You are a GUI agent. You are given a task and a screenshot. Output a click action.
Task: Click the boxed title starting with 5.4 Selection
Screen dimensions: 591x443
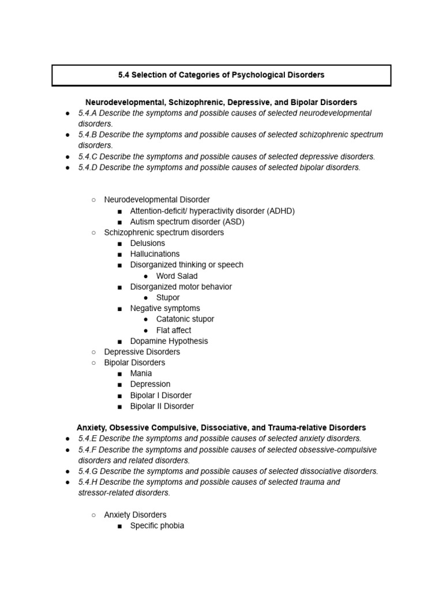221,75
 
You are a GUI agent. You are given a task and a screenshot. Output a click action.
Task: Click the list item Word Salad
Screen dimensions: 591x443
177,276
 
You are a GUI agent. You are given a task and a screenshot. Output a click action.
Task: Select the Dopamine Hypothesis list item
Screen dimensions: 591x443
169,341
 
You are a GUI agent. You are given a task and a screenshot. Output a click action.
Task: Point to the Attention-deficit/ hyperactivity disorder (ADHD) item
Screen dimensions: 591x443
212,211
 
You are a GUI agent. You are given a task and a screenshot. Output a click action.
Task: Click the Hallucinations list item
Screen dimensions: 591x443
155,254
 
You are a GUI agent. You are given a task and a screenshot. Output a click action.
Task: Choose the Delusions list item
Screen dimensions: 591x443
147,243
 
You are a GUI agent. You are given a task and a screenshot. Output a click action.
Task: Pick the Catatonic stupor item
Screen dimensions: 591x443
185,319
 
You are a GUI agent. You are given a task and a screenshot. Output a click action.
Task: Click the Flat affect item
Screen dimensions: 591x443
174,330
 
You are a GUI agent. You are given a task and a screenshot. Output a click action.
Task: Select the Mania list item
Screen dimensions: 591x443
141,373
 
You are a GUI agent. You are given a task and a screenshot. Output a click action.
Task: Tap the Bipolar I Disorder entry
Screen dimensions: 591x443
160,395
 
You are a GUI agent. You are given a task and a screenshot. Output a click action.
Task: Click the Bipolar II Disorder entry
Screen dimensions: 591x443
162,406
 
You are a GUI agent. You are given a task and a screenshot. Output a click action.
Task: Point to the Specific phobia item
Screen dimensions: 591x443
157,526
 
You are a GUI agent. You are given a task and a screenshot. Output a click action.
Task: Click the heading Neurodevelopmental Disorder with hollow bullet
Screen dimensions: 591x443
157,200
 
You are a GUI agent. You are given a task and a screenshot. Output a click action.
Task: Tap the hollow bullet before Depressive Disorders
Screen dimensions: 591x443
93,352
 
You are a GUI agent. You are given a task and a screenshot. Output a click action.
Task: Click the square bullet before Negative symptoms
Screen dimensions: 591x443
119,309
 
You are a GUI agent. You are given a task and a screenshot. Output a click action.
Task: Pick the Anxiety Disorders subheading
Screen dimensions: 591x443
135,515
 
